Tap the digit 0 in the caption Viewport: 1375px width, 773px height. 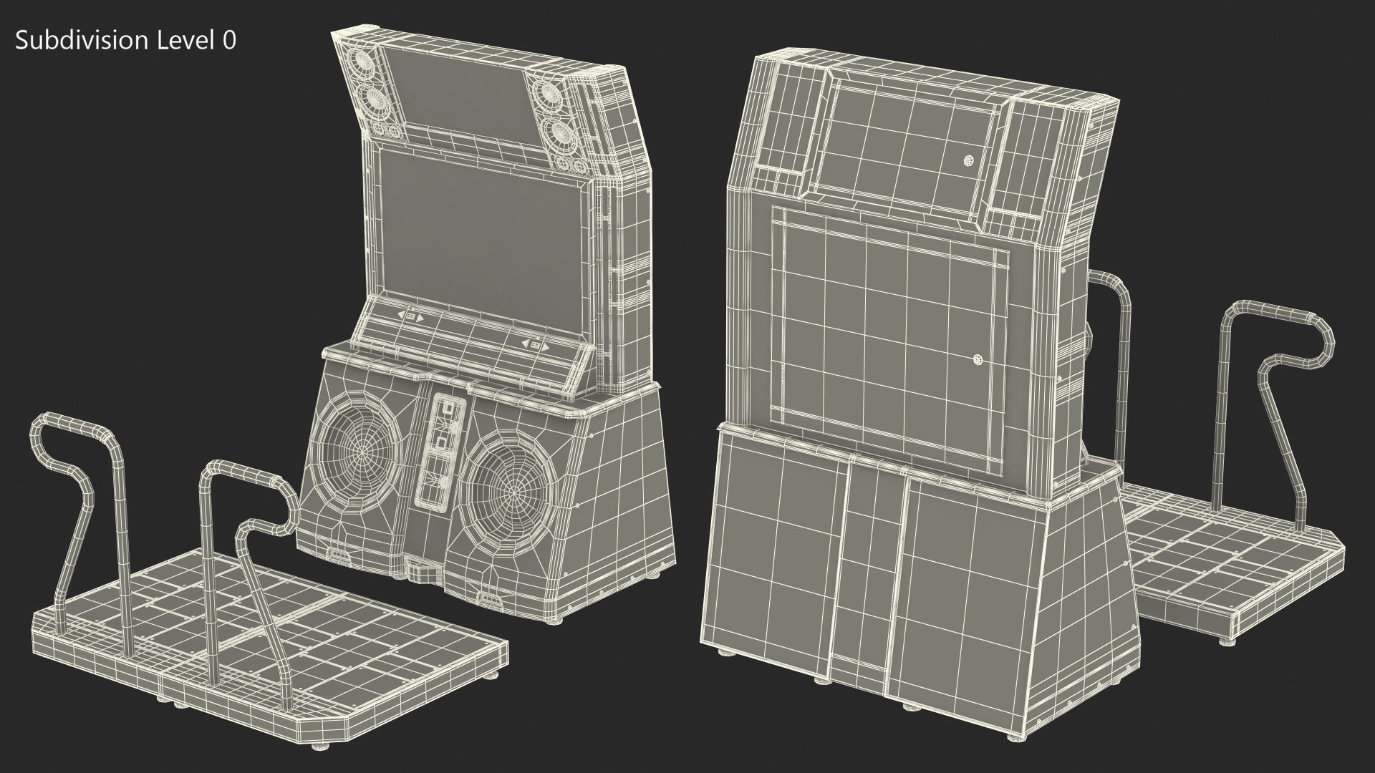pyautogui.click(x=228, y=41)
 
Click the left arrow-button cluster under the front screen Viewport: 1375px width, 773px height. pyautogui.click(x=411, y=316)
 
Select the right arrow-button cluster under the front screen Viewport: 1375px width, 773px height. pyautogui.click(x=535, y=346)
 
